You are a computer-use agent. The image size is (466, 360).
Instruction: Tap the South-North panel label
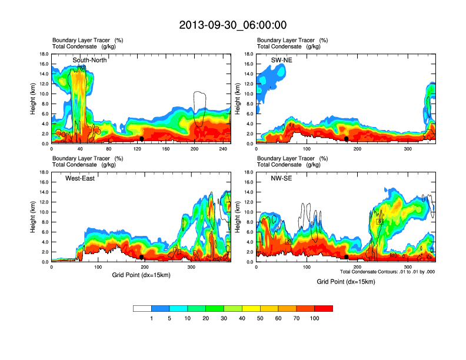point(89,60)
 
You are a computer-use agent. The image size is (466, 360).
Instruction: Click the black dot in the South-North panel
point(142,139)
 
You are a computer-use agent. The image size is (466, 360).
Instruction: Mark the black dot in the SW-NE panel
point(347,139)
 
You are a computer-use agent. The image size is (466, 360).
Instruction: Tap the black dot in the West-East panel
point(142,257)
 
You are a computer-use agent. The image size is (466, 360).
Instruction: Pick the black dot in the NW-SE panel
point(347,257)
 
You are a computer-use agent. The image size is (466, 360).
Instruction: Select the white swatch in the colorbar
point(142,308)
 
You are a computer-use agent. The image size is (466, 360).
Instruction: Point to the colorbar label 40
point(242,318)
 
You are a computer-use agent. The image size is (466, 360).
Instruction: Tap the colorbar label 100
point(314,318)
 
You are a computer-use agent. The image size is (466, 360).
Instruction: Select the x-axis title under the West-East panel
point(141,274)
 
